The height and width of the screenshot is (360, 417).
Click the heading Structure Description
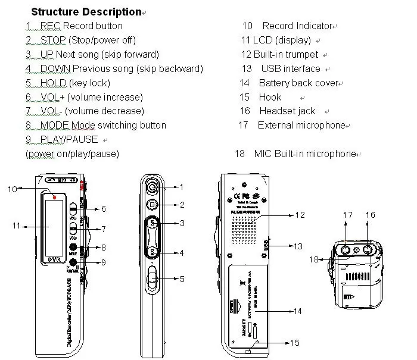[x=86, y=11]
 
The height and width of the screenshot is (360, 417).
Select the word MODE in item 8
[x=55, y=125]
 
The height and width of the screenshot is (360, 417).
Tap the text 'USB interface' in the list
[x=291, y=68]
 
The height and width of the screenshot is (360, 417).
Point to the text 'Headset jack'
[x=287, y=111]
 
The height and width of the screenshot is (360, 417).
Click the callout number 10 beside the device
[x=12, y=189]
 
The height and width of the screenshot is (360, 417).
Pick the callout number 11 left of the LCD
[x=17, y=226]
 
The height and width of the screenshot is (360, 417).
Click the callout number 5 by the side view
[x=182, y=278]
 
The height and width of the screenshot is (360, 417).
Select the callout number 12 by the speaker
[x=300, y=214]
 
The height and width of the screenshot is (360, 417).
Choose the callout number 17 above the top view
[x=348, y=214]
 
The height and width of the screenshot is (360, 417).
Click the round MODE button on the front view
[x=73, y=248]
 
